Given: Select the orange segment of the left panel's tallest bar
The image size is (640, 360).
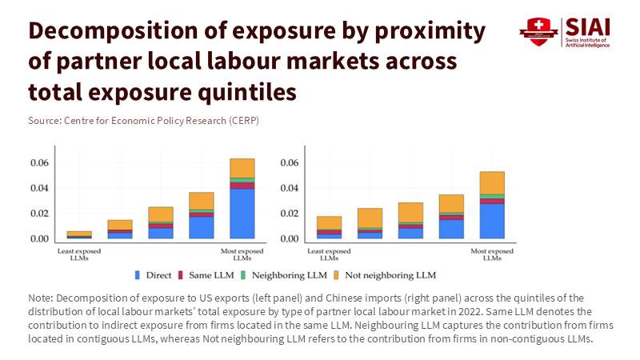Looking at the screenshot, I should [x=242, y=168].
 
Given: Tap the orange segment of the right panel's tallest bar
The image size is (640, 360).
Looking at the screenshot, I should [x=492, y=183].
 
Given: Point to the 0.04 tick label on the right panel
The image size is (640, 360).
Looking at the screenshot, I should [x=290, y=188].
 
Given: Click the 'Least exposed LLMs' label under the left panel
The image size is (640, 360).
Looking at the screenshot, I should [x=78, y=254].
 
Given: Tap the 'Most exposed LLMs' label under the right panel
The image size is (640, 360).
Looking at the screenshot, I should [x=492, y=254].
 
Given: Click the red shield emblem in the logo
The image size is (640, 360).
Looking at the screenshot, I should [x=538, y=31].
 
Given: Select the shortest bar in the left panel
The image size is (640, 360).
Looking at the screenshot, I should [x=78, y=234].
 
